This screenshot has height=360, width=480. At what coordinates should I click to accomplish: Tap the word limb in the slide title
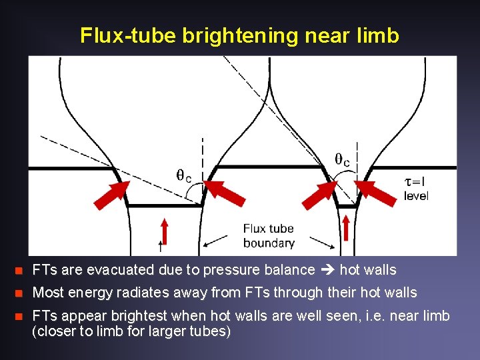pyautogui.click(x=379, y=35)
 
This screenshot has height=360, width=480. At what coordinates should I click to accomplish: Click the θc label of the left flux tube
pyautogui.click(x=184, y=176)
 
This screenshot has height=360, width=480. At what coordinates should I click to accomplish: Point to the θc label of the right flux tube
pyautogui.click(x=342, y=160)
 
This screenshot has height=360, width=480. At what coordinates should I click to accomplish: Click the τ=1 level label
pyautogui.click(x=416, y=187)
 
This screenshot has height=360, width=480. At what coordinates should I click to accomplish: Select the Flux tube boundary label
pyautogui.click(x=269, y=236)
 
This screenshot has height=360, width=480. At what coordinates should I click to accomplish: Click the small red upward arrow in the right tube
pyautogui.click(x=345, y=225)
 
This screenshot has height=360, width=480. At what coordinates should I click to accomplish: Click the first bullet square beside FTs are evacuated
pyautogui.click(x=19, y=271)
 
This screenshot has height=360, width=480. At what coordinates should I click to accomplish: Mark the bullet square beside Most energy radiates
pyautogui.click(x=19, y=293)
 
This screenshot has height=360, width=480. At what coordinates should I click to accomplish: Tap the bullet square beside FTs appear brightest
pyautogui.click(x=19, y=316)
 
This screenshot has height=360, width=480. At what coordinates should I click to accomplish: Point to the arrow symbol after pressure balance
pyautogui.click(x=327, y=270)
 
